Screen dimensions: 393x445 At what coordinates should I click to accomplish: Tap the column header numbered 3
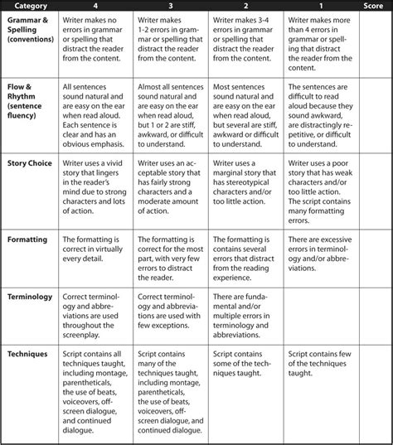[x=170, y=7]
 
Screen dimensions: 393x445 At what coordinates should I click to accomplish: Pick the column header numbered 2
[x=245, y=7]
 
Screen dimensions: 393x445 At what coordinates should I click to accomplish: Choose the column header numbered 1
[x=319, y=7]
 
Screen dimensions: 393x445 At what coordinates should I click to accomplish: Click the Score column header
[x=373, y=7]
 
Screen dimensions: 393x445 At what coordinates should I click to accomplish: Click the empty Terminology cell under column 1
[x=318, y=311]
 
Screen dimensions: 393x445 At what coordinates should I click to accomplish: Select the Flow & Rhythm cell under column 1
[x=318, y=108]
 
